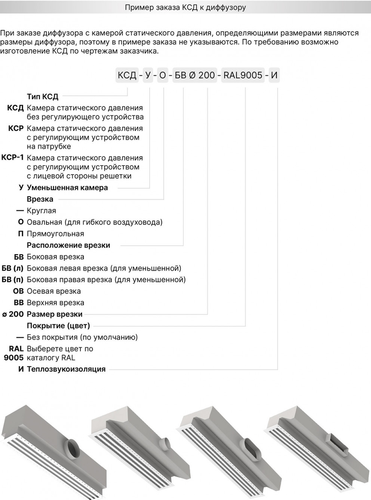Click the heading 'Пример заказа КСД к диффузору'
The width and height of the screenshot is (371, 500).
(x=185, y=7)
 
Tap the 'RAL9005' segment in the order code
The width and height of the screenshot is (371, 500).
(x=243, y=75)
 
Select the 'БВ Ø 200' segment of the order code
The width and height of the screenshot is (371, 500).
(x=194, y=75)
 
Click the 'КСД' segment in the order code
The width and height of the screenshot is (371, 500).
(x=127, y=75)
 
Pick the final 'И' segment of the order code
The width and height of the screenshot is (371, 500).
(x=274, y=75)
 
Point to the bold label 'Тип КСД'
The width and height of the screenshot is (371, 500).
(x=43, y=97)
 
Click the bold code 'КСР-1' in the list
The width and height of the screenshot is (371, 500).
(x=13, y=157)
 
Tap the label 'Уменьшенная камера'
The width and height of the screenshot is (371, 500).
(x=67, y=188)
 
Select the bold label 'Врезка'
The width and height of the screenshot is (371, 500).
(x=40, y=199)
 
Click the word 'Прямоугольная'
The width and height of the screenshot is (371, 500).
(x=55, y=234)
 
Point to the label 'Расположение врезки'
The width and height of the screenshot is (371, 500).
(x=68, y=245)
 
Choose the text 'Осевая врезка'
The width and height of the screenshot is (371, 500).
(x=54, y=291)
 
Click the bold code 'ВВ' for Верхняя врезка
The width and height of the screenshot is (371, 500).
(x=18, y=303)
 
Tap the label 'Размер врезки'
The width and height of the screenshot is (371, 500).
(x=55, y=314)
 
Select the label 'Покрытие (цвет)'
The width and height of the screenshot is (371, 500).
(x=58, y=326)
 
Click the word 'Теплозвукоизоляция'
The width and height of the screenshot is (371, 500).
(x=66, y=369)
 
